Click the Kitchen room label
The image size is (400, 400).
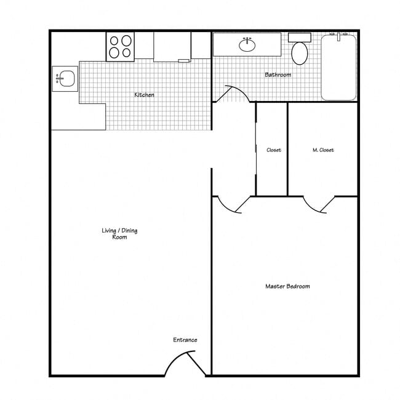coord(145,95)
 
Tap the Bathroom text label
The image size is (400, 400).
coord(278,75)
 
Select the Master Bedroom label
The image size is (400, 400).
coord(287,286)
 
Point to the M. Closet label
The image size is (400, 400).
coord(323,150)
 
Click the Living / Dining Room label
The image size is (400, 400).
coord(119,233)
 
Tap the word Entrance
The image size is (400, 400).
coord(185,340)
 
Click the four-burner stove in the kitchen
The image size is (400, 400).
coord(121,46)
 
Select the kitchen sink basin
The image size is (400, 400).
coord(66,79)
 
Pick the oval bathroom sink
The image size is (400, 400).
coord(247,44)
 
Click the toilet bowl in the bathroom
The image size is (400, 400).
coord(300,53)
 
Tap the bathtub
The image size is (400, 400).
coord(338,68)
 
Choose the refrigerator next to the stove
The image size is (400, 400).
coord(172,47)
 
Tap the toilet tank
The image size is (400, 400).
coord(299,38)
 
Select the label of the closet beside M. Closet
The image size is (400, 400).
coord(274,150)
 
